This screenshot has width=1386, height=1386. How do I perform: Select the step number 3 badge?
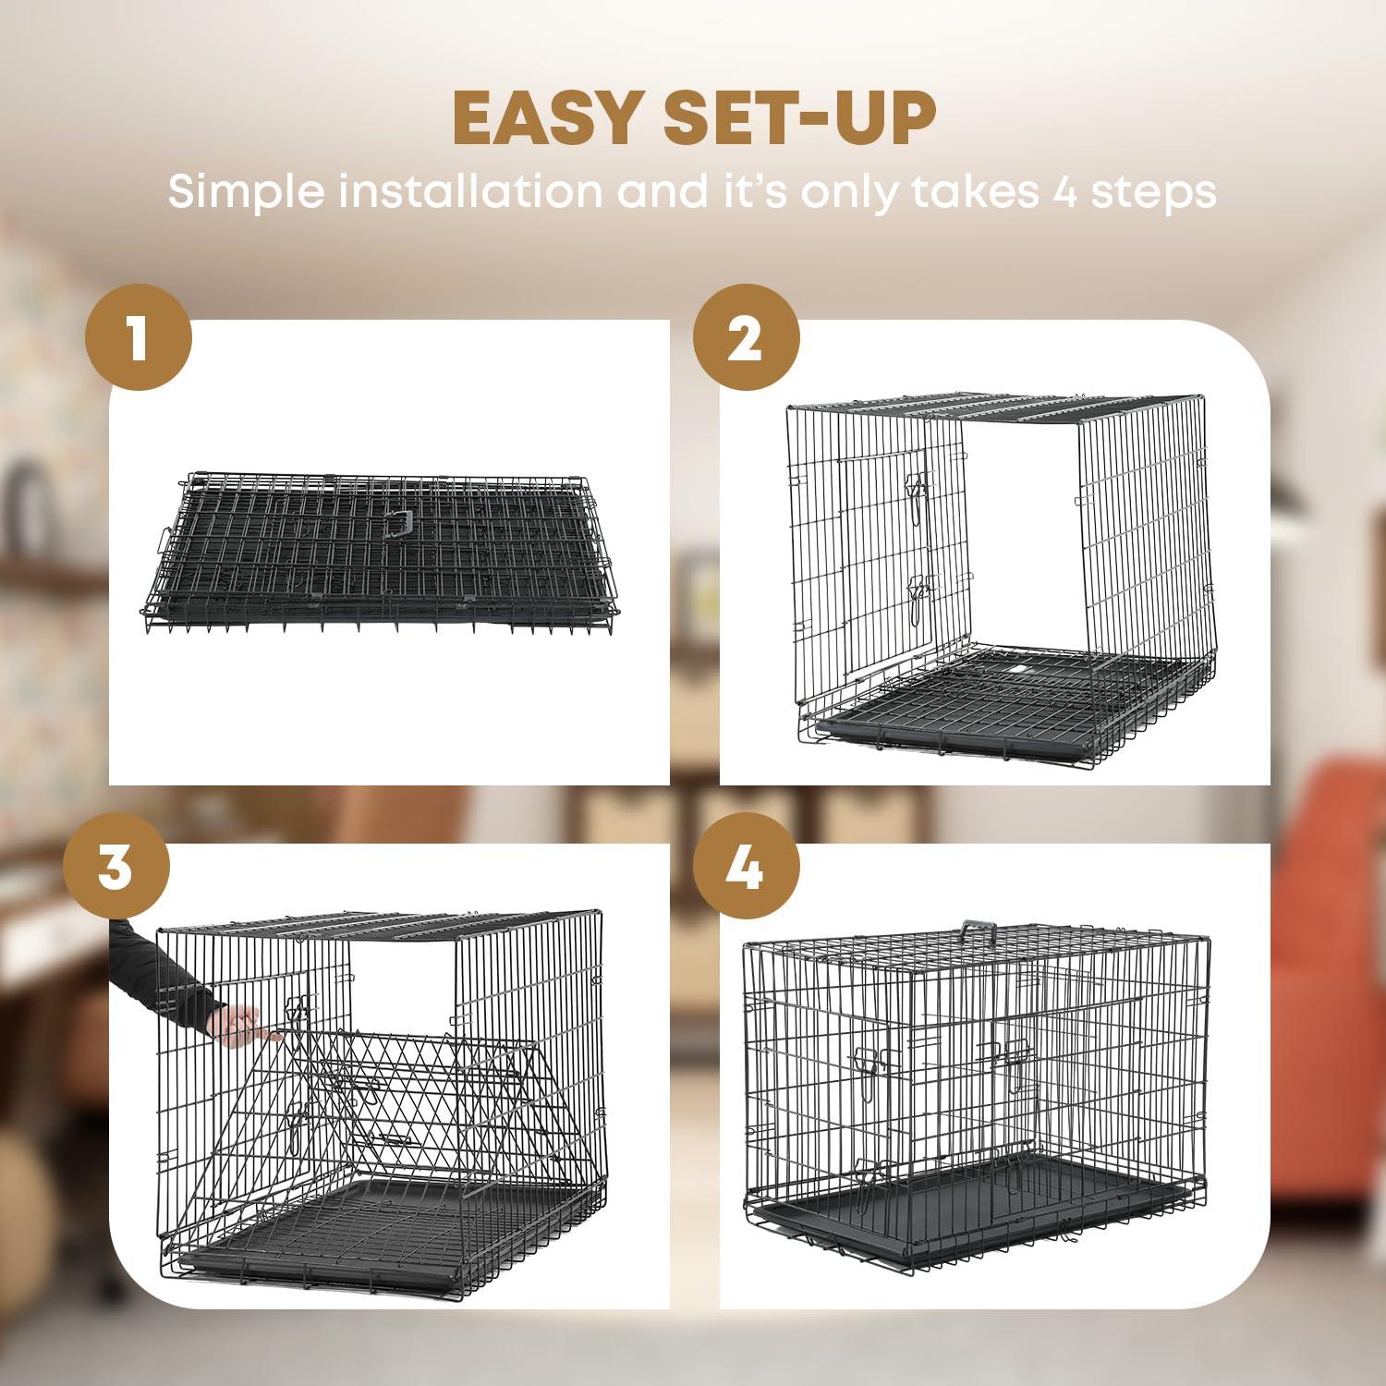click(115, 868)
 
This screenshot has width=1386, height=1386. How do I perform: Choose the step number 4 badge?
click(746, 868)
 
